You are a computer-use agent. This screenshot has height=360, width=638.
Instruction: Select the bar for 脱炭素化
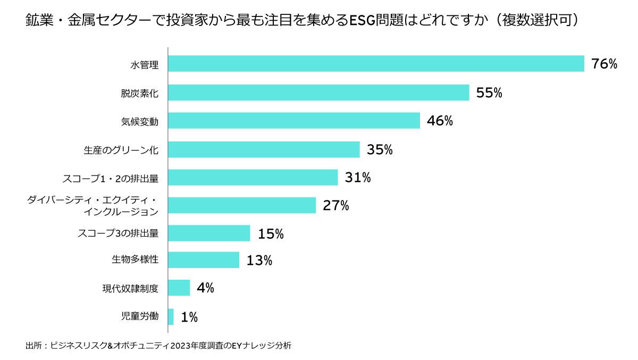coord(318,93)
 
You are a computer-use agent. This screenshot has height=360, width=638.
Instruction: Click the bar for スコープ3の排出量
coord(209,233)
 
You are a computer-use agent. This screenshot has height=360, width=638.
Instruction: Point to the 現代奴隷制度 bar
coord(179,288)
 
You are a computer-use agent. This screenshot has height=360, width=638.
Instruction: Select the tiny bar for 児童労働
coord(171,317)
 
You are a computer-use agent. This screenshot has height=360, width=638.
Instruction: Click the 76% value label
coord(604,64)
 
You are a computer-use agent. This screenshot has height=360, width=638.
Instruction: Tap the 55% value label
coord(489,93)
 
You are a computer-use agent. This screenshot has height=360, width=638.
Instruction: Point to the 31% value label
coord(357,178)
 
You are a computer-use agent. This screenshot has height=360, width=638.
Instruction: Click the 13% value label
coord(259,261)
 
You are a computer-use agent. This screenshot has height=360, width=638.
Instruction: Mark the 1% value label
coord(189,317)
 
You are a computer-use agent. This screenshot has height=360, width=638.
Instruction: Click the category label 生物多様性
coord(135,260)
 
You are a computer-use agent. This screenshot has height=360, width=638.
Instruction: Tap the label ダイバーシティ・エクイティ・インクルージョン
coord(93,205)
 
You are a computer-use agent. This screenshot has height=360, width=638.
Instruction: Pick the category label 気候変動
coord(140,121)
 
